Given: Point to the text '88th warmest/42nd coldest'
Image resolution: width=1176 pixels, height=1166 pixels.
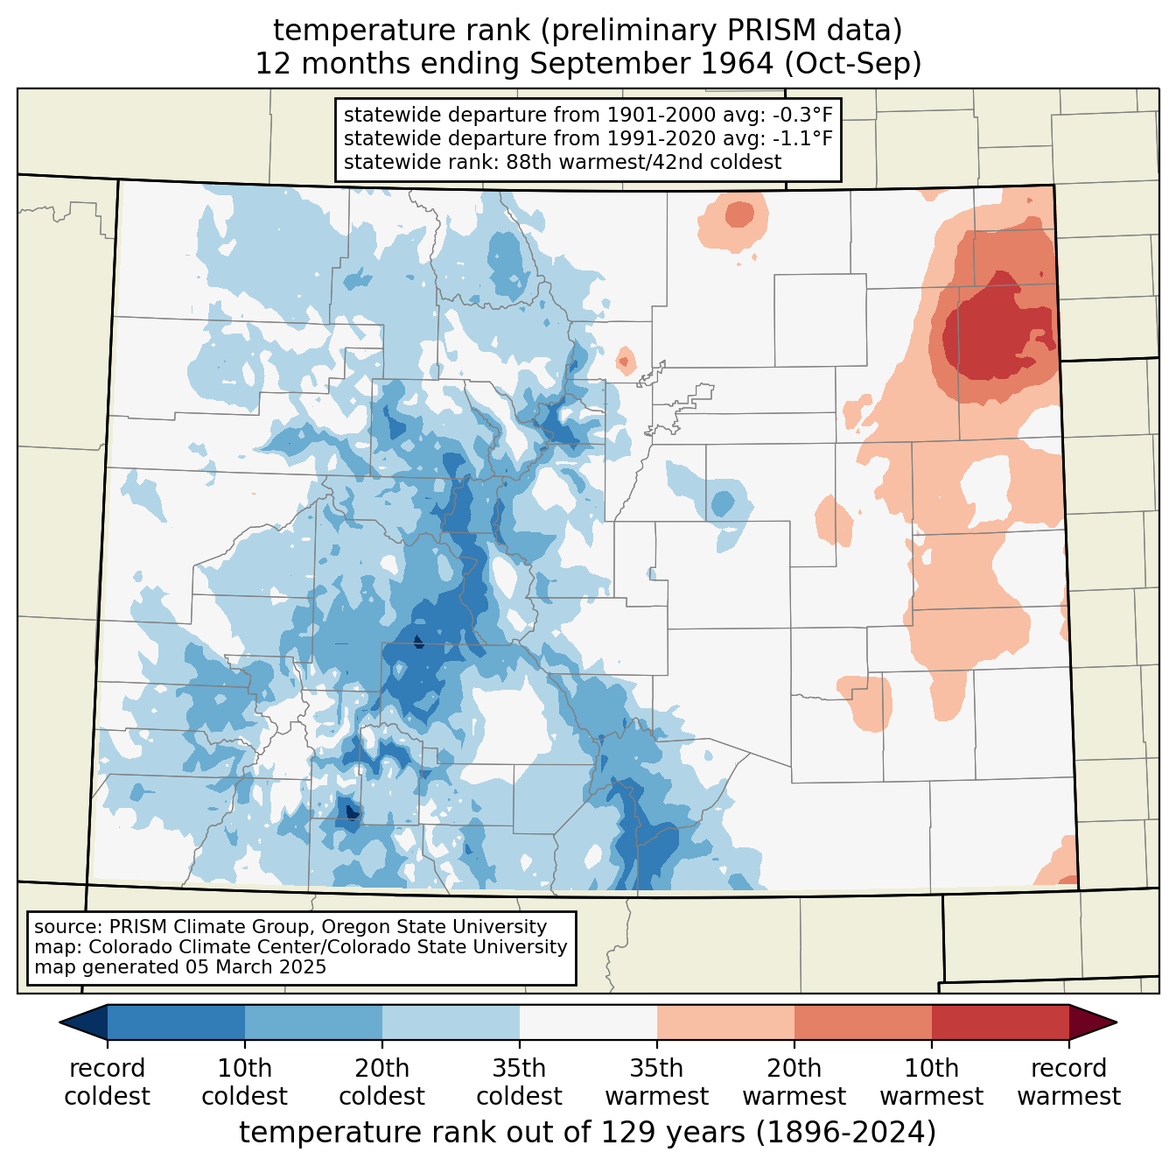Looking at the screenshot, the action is (x=644, y=162).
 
